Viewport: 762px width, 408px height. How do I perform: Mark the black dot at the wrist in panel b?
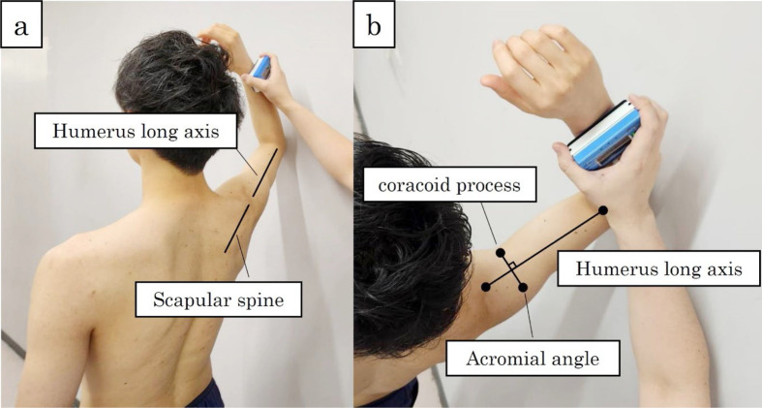tap(602, 209)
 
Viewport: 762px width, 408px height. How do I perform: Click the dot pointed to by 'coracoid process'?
tap(503, 254)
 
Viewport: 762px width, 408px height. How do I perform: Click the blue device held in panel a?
tap(259, 68)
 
